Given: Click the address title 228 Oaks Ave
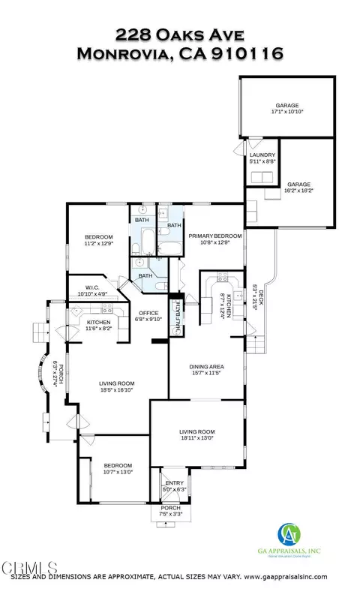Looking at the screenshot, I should point(180,35).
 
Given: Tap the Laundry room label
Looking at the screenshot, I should point(263,157).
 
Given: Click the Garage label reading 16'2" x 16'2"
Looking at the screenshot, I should point(298,188).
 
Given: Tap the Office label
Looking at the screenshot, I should point(146,315).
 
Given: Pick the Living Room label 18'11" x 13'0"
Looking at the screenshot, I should point(196,434).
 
